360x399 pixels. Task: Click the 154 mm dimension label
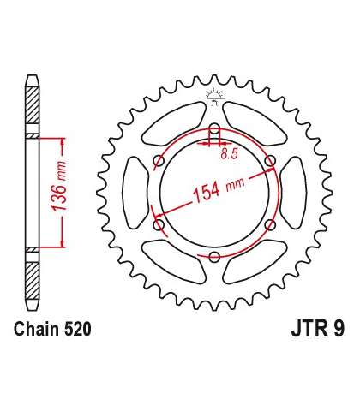pos(219,189)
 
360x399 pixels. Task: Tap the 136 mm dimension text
pos(58,187)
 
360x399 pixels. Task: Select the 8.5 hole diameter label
pos(230,154)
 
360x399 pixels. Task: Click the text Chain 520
pos(52,329)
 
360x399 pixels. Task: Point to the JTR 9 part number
pos(318,329)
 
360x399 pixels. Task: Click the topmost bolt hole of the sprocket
pos(214,128)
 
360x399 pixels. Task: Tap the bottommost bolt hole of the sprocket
pos(214,257)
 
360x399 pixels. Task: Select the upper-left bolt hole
pos(159,160)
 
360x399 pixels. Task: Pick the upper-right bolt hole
pos(270,160)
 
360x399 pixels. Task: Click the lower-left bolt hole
pos(159,224)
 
